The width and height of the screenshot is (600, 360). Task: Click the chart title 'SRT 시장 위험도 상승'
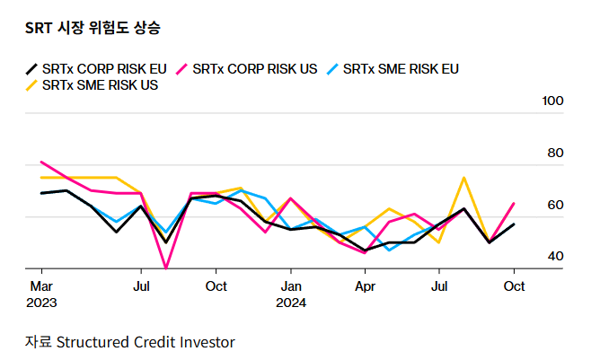tap(93, 28)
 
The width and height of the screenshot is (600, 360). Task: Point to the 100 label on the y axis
tap(552, 101)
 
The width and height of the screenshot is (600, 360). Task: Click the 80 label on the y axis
tap(556, 153)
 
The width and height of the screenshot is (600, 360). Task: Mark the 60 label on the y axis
tap(556, 205)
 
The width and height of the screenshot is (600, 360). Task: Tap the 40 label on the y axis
tap(556, 257)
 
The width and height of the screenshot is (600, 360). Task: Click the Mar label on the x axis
tap(41, 285)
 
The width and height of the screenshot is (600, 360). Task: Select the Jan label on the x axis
tap(290, 285)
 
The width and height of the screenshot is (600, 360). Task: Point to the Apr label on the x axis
tap(365, 285)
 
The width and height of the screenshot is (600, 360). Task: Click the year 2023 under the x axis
tap(41, 303)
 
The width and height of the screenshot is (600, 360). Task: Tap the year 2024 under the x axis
tap(290, 303)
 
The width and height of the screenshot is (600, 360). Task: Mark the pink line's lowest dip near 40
tap(166, 268)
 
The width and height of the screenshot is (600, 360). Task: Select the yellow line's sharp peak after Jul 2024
tap(463, 178)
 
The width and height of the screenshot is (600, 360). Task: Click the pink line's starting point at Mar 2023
tap(41, 162)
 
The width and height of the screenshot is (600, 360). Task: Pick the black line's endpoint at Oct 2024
tap(513, 224)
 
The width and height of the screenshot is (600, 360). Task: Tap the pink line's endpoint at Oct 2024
tap(513, 203)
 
